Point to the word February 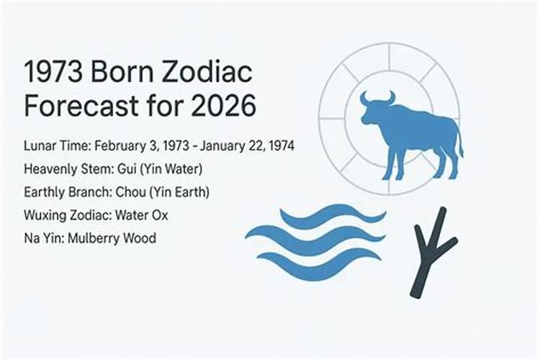click(x=120, y=146)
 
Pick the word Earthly click(x=44, y=192)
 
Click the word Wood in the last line click(x=140, y=238)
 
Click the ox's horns click(x=377, y=98)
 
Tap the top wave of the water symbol click(x=331, y=215)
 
